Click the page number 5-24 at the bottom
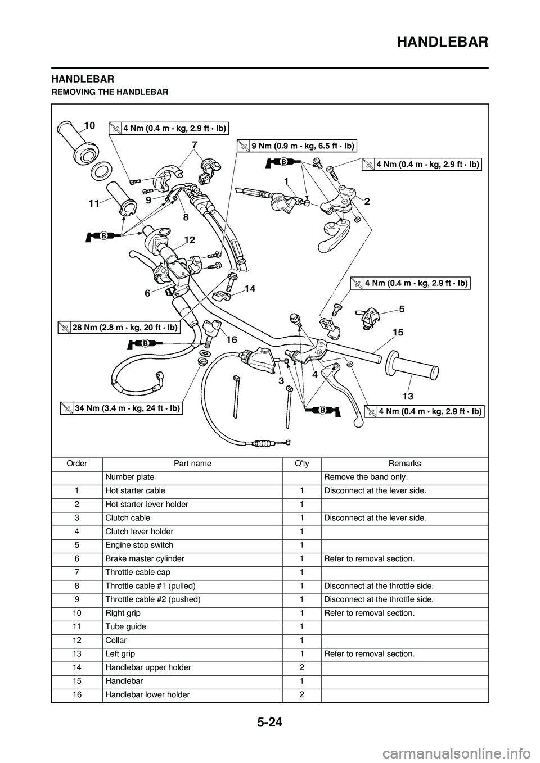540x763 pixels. pyautogui.click(x=269, y=722)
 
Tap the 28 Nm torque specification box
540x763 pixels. pyautogui.click(x=119, y=328)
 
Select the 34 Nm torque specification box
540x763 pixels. pyautogui.click(x=121, y=408)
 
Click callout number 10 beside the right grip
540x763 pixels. pyautogui.click(x=89, y=126)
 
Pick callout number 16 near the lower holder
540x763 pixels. pyautogui.click(x=232, y=339)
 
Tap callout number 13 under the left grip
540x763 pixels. pyautogui.click(x=408, y=396)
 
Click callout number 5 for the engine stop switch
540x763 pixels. pyautogui.click(x=402, y=309)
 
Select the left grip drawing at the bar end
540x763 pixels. pyautogui.click(x=412, y=369)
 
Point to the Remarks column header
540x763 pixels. pyautogui.click(x=404, y=464)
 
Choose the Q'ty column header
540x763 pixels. pyautogui.click(x=301, y=464)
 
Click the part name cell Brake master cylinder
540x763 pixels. pyautogui.click(x=145, y=558)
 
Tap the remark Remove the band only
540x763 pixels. pyautogui.click(x=366, y=477)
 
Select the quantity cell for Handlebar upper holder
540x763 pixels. pyautogui.click(x=301, y=667)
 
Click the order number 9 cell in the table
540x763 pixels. pyautogui.click(x=77, y=599)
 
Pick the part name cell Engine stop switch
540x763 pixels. pyautogui.click(x=139, y=545)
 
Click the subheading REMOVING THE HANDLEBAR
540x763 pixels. pyautogui.click(x=110, y=92)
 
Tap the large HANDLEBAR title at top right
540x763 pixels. pyautogui.click(x=443, y=42)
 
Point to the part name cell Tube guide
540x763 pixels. pyautogui.click(x=126, y=626)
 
